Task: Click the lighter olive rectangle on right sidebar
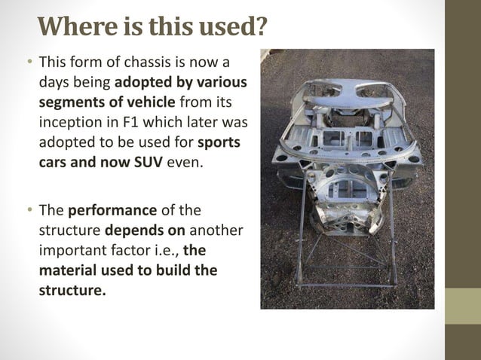click(x=463, y=307)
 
